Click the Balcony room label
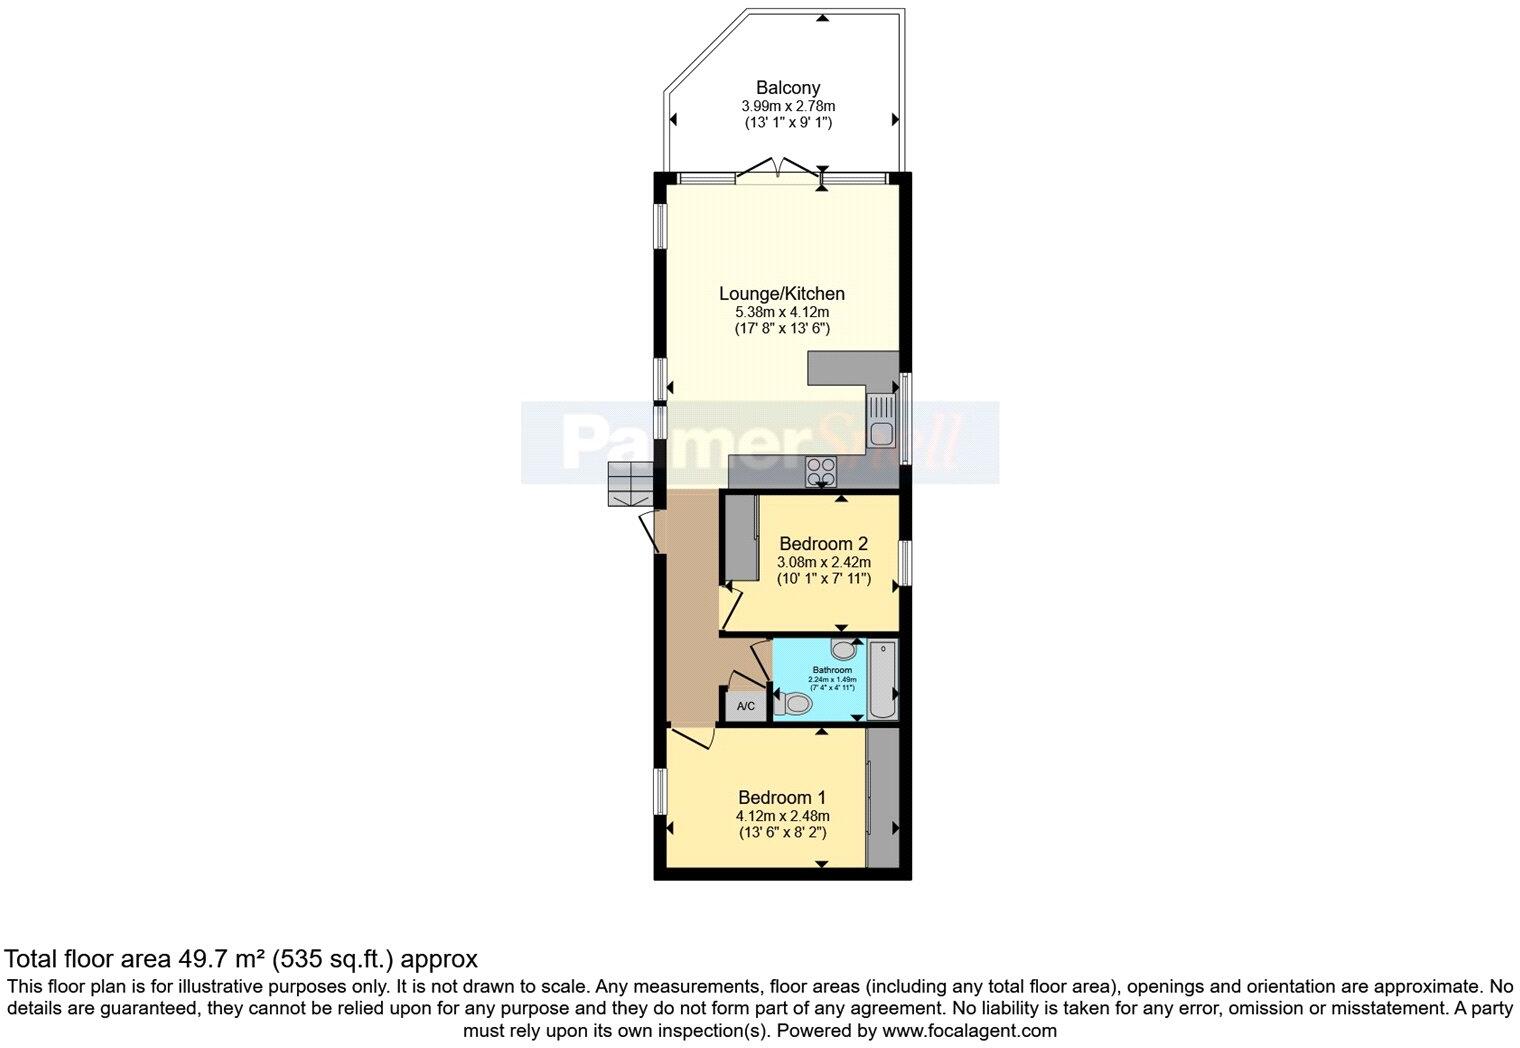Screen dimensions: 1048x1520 788,88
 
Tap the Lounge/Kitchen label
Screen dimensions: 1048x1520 782,294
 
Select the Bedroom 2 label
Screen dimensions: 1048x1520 823,544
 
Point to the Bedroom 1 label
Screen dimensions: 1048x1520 782,798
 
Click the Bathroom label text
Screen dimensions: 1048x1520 832,670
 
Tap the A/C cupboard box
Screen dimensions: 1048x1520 746,706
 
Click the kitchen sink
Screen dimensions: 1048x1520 882,421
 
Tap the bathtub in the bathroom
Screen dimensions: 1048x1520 882,680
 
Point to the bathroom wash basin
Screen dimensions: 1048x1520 845,649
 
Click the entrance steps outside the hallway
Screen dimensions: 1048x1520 629,486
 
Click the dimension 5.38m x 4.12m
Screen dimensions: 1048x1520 782,312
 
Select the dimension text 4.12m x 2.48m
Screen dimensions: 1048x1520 782,816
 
